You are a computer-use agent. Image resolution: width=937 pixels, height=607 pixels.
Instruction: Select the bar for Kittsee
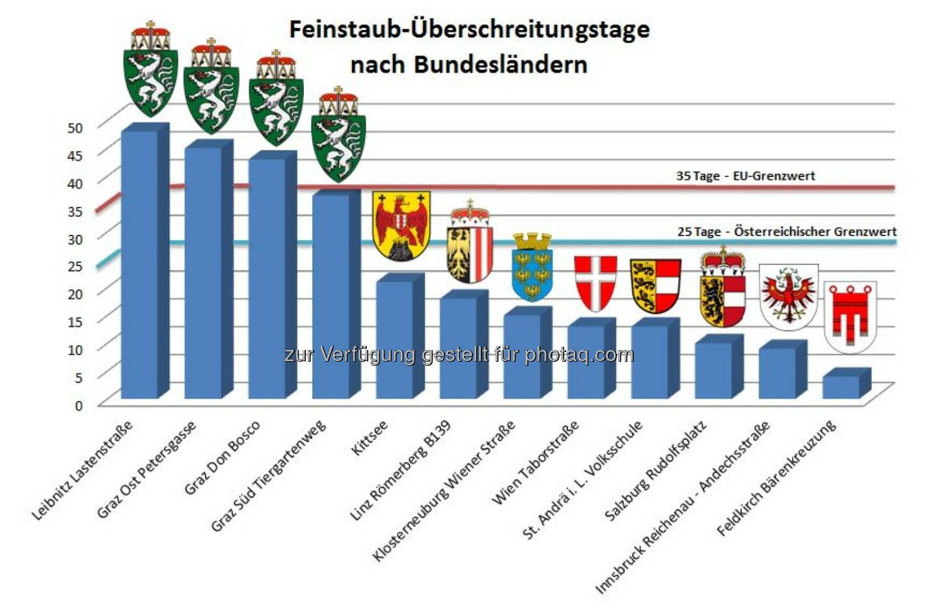point(394,338)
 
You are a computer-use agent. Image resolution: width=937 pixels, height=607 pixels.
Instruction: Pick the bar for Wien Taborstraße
point(586,361)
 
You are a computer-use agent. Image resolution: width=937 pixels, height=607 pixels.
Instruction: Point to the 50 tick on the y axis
point(75,128)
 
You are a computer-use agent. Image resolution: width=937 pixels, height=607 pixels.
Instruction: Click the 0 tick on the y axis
point(79,405)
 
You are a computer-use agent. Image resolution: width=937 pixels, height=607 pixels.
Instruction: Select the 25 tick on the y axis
point(75,266)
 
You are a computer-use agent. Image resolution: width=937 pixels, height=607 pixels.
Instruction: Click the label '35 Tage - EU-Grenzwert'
point(745,176)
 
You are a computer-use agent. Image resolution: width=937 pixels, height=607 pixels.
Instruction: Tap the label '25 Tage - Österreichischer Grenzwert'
point(786,232)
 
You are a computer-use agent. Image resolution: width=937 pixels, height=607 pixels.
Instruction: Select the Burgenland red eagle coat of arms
point(401,225)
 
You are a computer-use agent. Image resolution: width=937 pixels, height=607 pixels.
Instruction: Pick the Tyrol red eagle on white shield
point(789,296)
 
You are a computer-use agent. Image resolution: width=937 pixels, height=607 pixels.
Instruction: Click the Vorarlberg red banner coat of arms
point(850,316)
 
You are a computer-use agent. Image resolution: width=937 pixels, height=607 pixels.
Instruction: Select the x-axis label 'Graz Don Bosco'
point(222,457)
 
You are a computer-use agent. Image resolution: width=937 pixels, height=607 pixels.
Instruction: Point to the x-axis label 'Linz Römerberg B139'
point(400,470)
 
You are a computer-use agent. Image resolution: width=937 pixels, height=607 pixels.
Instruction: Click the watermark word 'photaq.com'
point(579,355)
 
